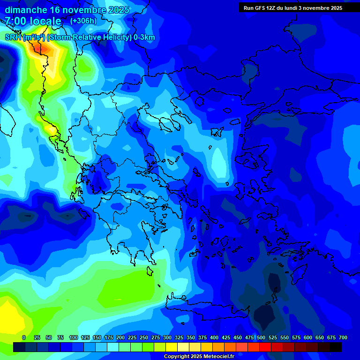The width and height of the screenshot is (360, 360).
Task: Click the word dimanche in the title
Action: tap(26, 10)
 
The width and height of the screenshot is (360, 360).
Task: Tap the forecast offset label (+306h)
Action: tap(83, 21)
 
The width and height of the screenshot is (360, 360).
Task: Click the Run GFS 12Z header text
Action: tap(261, 8)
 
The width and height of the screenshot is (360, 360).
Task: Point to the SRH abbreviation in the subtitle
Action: tap(13, 37)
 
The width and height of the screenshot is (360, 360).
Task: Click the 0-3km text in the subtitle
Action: tap(144, 37)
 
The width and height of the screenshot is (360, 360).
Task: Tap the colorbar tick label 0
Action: tap(24, 337)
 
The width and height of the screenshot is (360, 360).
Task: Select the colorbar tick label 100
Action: tap(73, 337)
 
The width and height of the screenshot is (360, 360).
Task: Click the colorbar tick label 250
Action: tap(143, 337)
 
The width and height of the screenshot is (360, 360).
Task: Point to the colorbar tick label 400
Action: tap(214, 337)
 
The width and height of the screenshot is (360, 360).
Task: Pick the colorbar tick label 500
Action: tap(261, 337)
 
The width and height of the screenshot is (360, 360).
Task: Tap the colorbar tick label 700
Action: tap(343, 337)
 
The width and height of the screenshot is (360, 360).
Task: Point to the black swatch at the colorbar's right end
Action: tap(335, 347)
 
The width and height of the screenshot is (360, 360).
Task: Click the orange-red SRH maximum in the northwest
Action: tap(35, 47)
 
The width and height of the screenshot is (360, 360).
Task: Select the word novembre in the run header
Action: tap(316, 8)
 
